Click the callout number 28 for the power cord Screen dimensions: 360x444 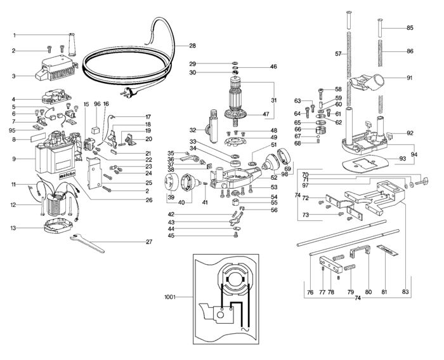pos(192,46)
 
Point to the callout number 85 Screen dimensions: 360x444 pos(410,28)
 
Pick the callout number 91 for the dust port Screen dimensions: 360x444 pos(410,78)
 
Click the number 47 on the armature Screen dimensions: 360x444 pos(258,114)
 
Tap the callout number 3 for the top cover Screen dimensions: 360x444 pos(13,76)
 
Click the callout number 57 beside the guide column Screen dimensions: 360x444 pos(339,54)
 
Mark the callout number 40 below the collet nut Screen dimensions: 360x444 pos(181,203)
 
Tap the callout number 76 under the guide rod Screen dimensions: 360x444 pos(310,292)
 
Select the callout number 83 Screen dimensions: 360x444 pos(405,292)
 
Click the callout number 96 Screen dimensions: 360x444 pos(97,104)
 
